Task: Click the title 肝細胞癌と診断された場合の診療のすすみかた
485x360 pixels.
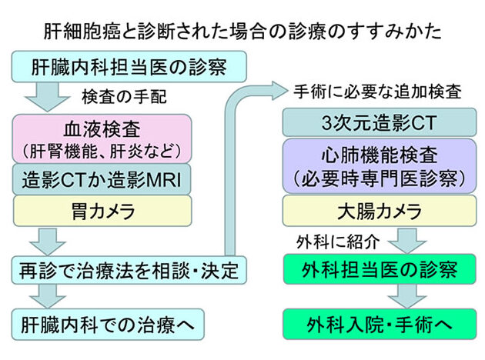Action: [x=242, y=32]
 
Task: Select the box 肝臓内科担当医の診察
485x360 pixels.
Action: [x=129, y=67]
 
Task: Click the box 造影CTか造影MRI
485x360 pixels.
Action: [x=102, y=178]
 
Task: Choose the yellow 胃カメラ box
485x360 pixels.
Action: [x=102, y=210]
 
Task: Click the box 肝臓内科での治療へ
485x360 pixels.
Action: [x=110, y=323]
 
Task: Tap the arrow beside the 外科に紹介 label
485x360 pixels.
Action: [x=406, y=242]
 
